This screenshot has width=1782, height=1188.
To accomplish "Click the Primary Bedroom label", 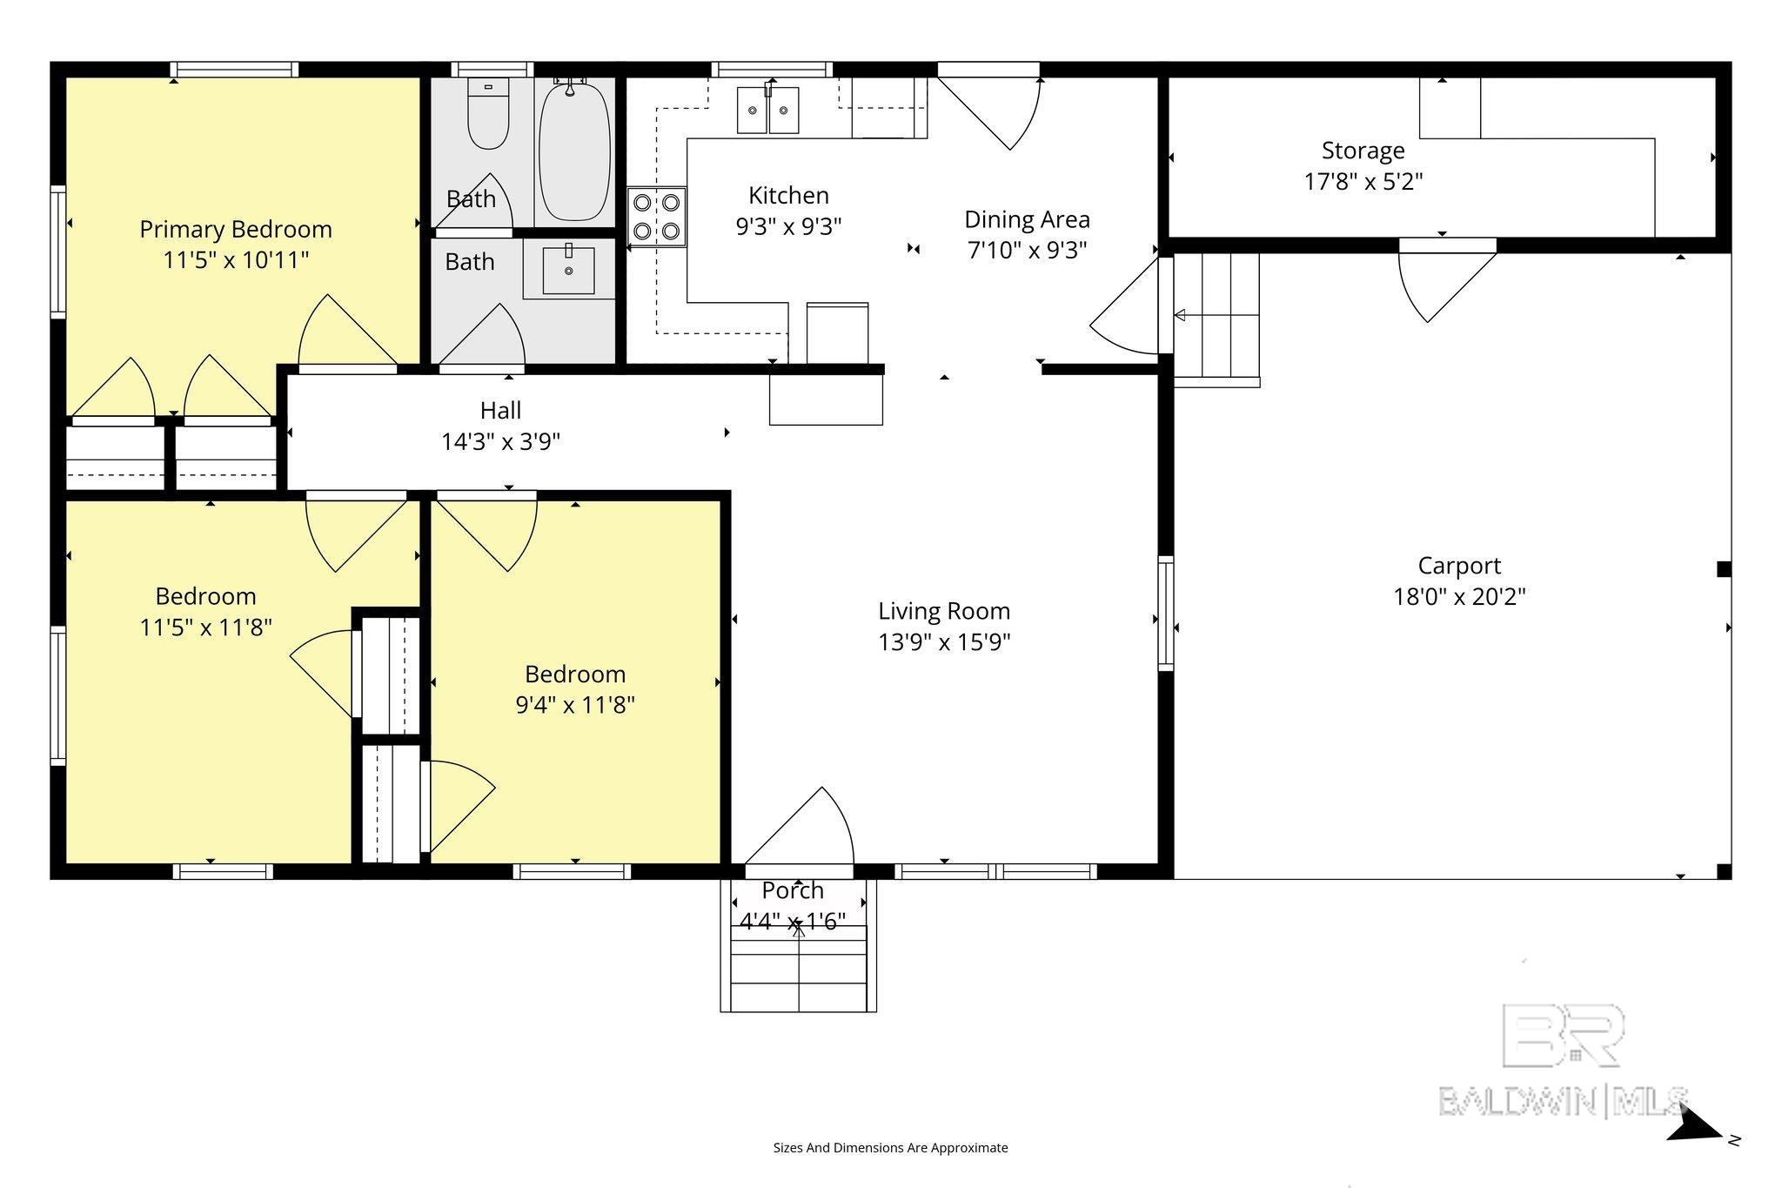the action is click(x=236, y=230).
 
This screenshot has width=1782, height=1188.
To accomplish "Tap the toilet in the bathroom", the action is click(x=488, y=113).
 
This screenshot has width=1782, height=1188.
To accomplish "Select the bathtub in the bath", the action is click(x=574, y=151).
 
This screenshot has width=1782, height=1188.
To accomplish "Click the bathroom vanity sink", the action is click(x=569, y=270).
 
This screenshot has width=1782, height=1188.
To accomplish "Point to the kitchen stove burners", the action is click(x=657, y=217).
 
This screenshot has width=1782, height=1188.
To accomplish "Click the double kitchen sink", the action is click(x=768, y=110).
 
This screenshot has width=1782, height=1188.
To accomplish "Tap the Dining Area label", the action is click(x=1027, y=219).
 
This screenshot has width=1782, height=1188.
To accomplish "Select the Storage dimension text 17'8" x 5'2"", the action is click(x=1363, y=182).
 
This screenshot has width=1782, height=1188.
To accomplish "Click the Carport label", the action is click(x=1459, y=566).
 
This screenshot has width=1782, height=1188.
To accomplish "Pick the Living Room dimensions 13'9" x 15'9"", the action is click(x=944, y=642).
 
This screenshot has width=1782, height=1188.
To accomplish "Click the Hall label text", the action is click(x=501, y=410).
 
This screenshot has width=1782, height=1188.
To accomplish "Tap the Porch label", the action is click(x=793, y=890).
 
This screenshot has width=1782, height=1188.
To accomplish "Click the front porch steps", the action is click(x=799, y=968).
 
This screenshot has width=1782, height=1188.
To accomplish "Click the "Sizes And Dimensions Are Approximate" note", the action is click(x=890, y=1148).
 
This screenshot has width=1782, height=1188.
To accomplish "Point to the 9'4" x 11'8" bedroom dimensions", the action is click(x=575, y=705).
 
